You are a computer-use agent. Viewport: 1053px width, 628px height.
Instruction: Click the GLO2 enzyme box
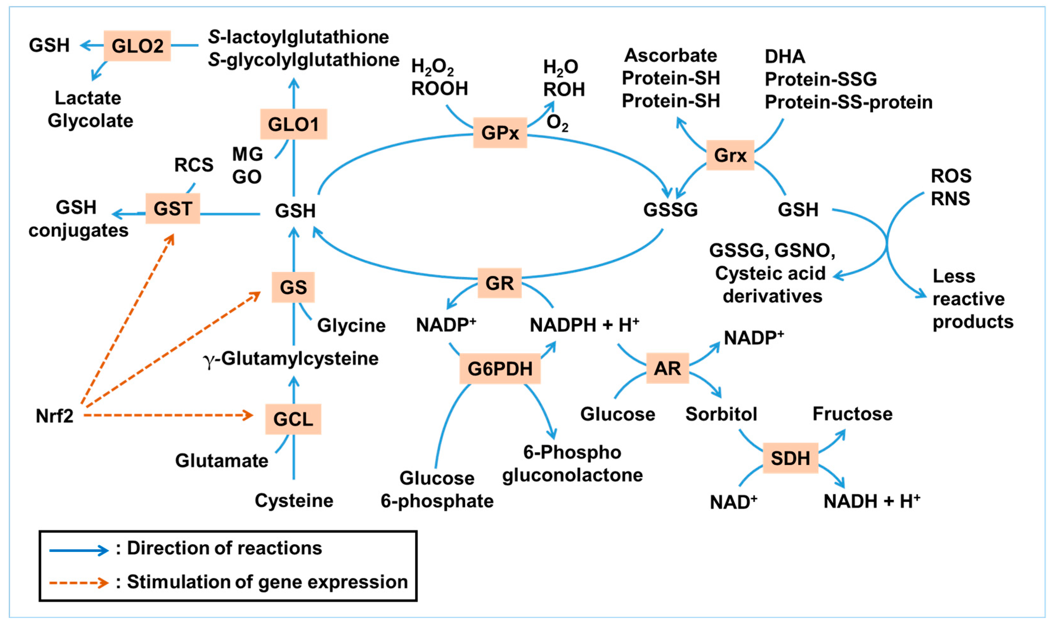137,46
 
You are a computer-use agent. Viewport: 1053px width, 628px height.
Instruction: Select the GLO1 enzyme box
293,124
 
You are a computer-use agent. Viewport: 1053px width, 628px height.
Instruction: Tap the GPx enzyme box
500,133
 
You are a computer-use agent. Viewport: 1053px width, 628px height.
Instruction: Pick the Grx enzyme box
730,155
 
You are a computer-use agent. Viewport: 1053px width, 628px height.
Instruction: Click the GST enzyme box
173,209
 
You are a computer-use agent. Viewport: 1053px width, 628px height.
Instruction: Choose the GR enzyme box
499,283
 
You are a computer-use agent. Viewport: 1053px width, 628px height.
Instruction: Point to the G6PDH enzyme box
500,369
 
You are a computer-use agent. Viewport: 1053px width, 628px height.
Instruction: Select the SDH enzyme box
790,458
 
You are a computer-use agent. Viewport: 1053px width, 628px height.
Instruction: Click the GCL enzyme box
293,419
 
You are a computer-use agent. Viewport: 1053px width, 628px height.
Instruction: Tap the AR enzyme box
667,368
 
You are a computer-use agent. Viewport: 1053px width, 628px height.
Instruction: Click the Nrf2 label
54,416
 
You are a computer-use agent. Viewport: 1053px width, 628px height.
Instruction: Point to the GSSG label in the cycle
670,210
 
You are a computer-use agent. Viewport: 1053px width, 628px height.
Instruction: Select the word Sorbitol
721,414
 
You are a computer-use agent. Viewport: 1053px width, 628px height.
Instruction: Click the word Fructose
852,413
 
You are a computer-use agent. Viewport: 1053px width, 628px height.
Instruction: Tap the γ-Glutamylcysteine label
291,359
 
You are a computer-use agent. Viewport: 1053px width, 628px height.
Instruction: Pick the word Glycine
351,326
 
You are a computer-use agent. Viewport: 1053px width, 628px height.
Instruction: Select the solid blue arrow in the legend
79,550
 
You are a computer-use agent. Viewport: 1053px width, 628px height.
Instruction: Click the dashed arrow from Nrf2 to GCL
169,415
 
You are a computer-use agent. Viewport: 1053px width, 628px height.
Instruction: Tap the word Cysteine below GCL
294,501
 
